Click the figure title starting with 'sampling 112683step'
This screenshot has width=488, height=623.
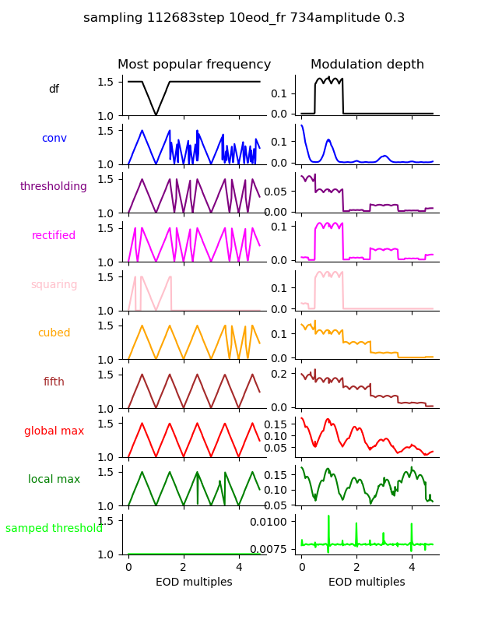point(244,18)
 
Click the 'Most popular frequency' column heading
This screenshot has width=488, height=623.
point(194,65)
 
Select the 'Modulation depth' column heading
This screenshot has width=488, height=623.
point(367,65)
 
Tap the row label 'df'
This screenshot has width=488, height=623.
point(54,90)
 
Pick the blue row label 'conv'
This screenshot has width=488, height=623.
point(54,139)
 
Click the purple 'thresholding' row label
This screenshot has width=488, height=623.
point(54,187)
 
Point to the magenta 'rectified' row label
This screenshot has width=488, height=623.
point(54,236)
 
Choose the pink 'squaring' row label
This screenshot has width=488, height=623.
point(54,285)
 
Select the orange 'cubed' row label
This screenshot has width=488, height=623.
point(54,333)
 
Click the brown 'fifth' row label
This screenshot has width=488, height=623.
point(54,382)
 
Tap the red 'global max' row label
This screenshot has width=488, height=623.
point(54,431)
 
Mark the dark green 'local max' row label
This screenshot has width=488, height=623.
point(54,480)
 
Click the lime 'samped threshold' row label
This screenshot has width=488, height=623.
point(54,529)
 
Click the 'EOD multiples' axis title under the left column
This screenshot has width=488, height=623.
point(194,583)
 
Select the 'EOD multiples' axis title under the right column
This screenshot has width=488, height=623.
point(367,583)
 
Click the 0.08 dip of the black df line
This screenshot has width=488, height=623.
point(156,114)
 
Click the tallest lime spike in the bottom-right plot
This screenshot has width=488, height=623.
point(328,516)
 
